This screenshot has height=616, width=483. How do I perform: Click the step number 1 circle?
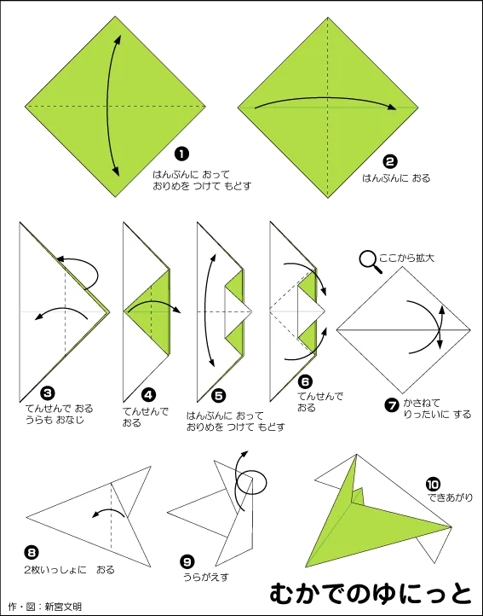point(181,154)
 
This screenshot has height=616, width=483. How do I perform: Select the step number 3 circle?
point(48,392)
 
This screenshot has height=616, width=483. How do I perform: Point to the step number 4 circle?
point(148,395)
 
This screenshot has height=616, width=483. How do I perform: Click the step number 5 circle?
point(219,395)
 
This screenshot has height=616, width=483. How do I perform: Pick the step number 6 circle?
point(305,381)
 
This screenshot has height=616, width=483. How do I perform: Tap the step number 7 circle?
point(392,405)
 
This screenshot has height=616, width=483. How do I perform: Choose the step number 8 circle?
point(32,553)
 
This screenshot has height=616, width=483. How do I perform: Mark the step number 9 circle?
point(187,562)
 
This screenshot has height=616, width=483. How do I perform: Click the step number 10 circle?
point(433,484)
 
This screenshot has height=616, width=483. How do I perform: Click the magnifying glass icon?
point(371,262)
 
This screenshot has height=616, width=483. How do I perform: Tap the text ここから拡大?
point(406,259)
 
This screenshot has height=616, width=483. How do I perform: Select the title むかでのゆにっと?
point(371,593)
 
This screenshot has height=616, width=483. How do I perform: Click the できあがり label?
point(450,497)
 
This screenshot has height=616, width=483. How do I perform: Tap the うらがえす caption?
point(206,577)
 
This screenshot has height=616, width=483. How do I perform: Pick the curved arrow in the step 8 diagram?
point(108,510)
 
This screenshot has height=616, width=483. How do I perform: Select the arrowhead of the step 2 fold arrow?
point(391,107)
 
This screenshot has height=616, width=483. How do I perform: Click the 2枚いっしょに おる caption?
point(69,569)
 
